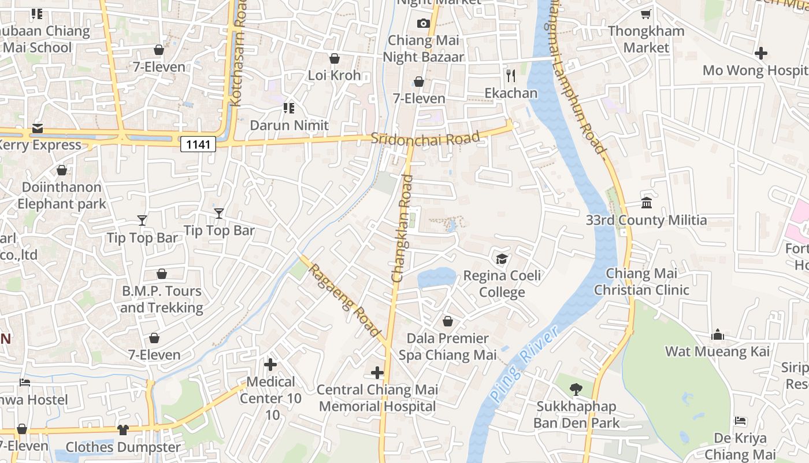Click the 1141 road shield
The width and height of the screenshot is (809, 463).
click(x=198, y=144)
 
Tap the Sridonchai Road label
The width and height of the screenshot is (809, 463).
click(x=425, y=138)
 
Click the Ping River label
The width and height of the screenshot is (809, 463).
click(x=524, y=364)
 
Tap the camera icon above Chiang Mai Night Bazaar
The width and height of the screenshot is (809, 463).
click(x=424, y=23)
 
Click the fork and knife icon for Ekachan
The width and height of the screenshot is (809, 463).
click(x=510, y=75)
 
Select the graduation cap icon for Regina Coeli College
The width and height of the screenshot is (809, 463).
click(x=502, y=258)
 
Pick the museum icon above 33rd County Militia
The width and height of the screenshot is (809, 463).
click(x=647, y=203)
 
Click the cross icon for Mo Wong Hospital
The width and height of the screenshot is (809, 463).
click(x=761, y=53)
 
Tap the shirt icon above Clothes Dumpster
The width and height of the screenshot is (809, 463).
click(x=123, y=429)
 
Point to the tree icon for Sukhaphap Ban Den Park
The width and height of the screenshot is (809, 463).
click(x=576, y=389)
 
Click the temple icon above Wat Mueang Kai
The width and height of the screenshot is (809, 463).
click(x=718, y=335)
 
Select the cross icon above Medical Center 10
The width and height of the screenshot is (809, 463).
click(x=270, y=365)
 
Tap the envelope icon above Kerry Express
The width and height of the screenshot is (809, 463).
click(x=38, y=128)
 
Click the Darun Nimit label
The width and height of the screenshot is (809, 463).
click(x=289, y=125)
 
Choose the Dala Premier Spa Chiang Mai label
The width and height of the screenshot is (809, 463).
click(x=448, y=346)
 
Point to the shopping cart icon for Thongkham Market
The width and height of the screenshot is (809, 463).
click(x=645, y=14)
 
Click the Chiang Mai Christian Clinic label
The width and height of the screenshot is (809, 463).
click(x=641, y=281)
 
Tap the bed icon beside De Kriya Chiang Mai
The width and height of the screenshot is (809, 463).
click(x=740, y=421)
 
